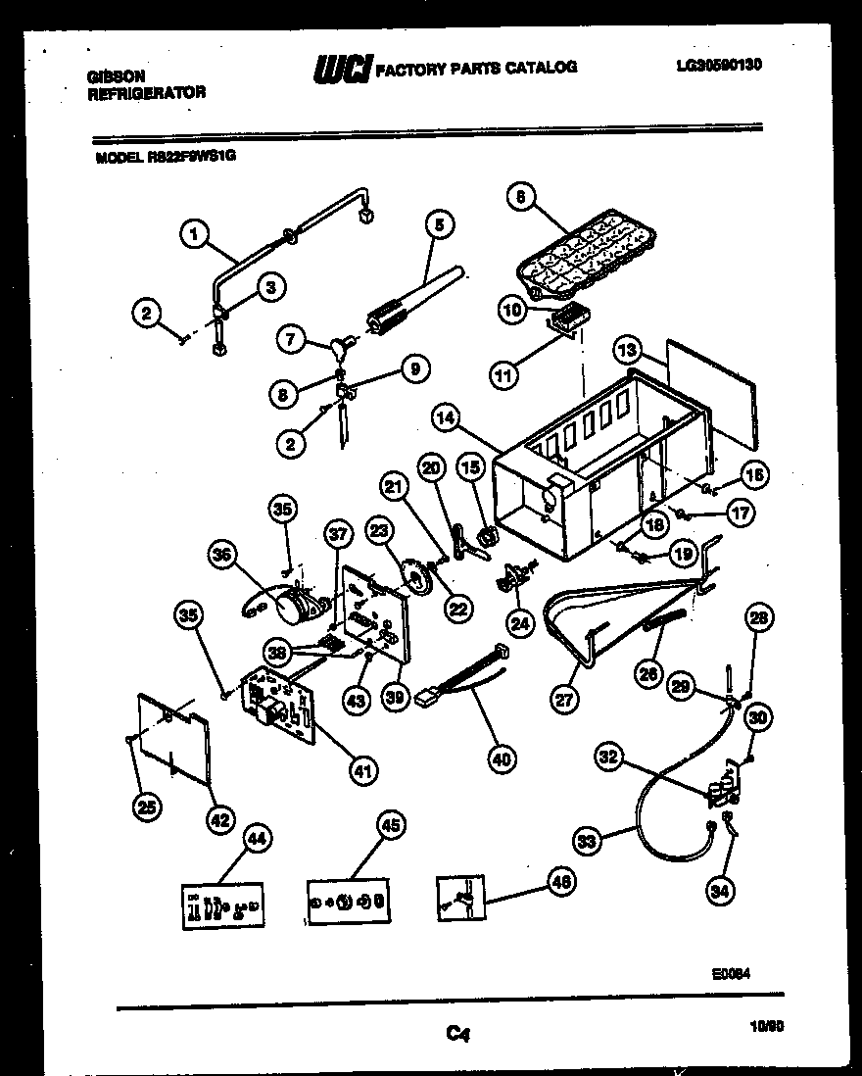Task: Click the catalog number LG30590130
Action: click(719, 66)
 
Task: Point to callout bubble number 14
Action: click(447, 417)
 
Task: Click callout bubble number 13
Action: click(629, 349)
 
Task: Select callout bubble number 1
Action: click(196, 233)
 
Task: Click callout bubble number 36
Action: click(224, 556)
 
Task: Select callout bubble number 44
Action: click(256, 838)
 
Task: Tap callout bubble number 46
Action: click(560, 882)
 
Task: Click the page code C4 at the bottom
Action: click(455, 1031)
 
